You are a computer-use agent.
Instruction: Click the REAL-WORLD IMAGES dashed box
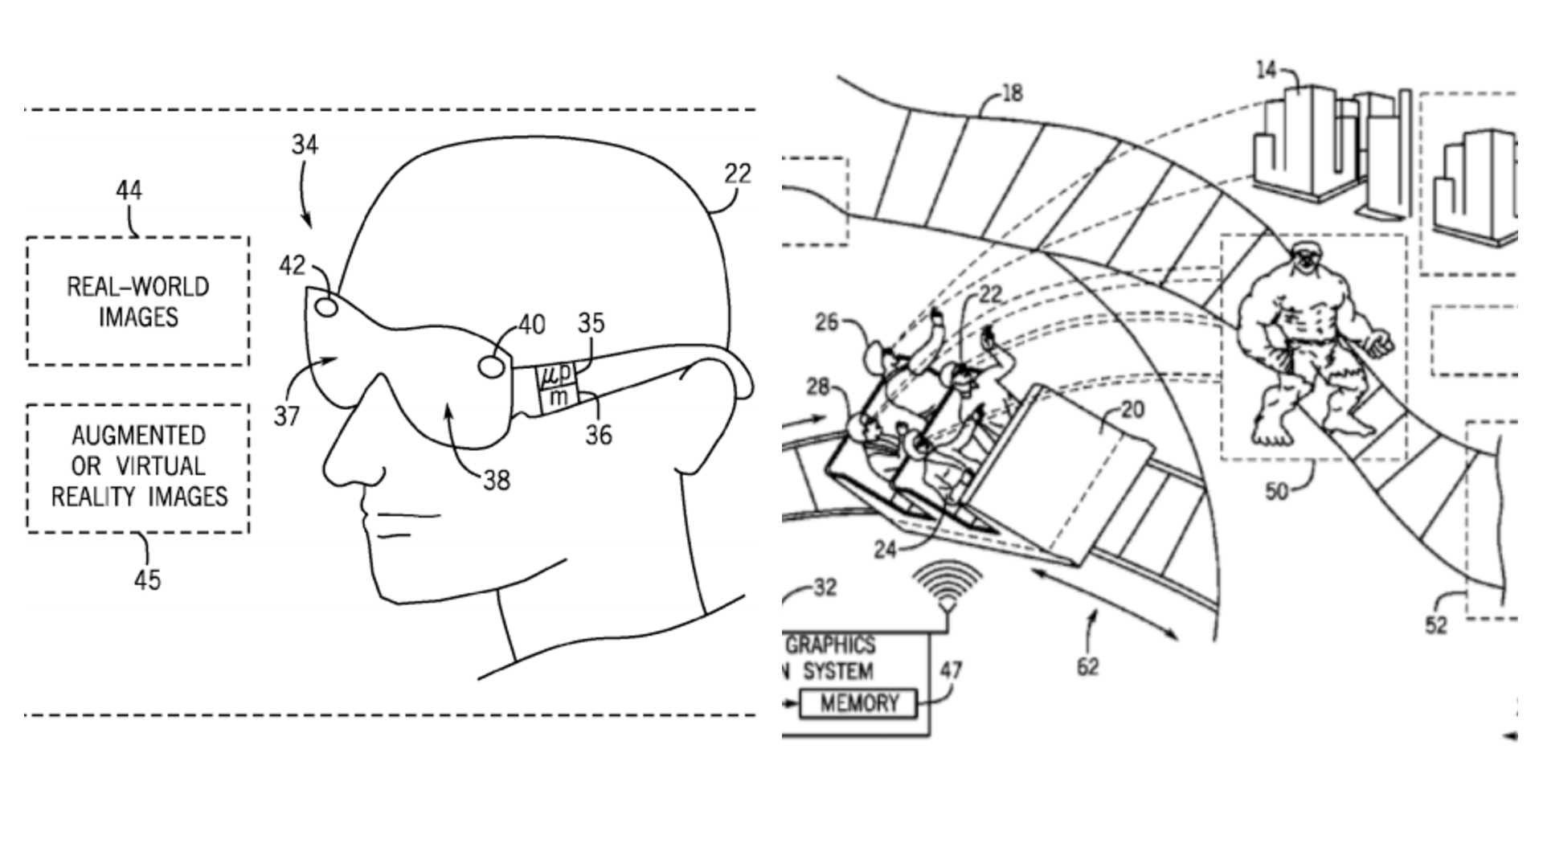[137, 301]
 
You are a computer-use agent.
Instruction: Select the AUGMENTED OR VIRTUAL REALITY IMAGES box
[138, 467]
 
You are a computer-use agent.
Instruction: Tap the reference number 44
[129, 190]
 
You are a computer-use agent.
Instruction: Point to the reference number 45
[147, 579]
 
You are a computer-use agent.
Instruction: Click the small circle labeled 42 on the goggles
[326, 307]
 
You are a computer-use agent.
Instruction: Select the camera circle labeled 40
[491, 366]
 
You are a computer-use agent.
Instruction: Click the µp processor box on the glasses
[555, 374]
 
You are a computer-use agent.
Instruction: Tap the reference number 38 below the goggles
[496, 481]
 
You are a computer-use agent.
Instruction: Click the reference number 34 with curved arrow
[305, 145]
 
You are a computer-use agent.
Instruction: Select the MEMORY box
[858, 704]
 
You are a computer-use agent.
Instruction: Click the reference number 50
[1276, 491]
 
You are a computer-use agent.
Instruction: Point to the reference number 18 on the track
[1013, 94]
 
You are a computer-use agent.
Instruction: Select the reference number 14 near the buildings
[1266, 71]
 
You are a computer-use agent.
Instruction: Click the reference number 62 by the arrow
[1087, 666]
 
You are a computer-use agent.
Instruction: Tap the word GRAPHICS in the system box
[830, 645]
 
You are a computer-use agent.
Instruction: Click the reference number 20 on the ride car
[1132, 411]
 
